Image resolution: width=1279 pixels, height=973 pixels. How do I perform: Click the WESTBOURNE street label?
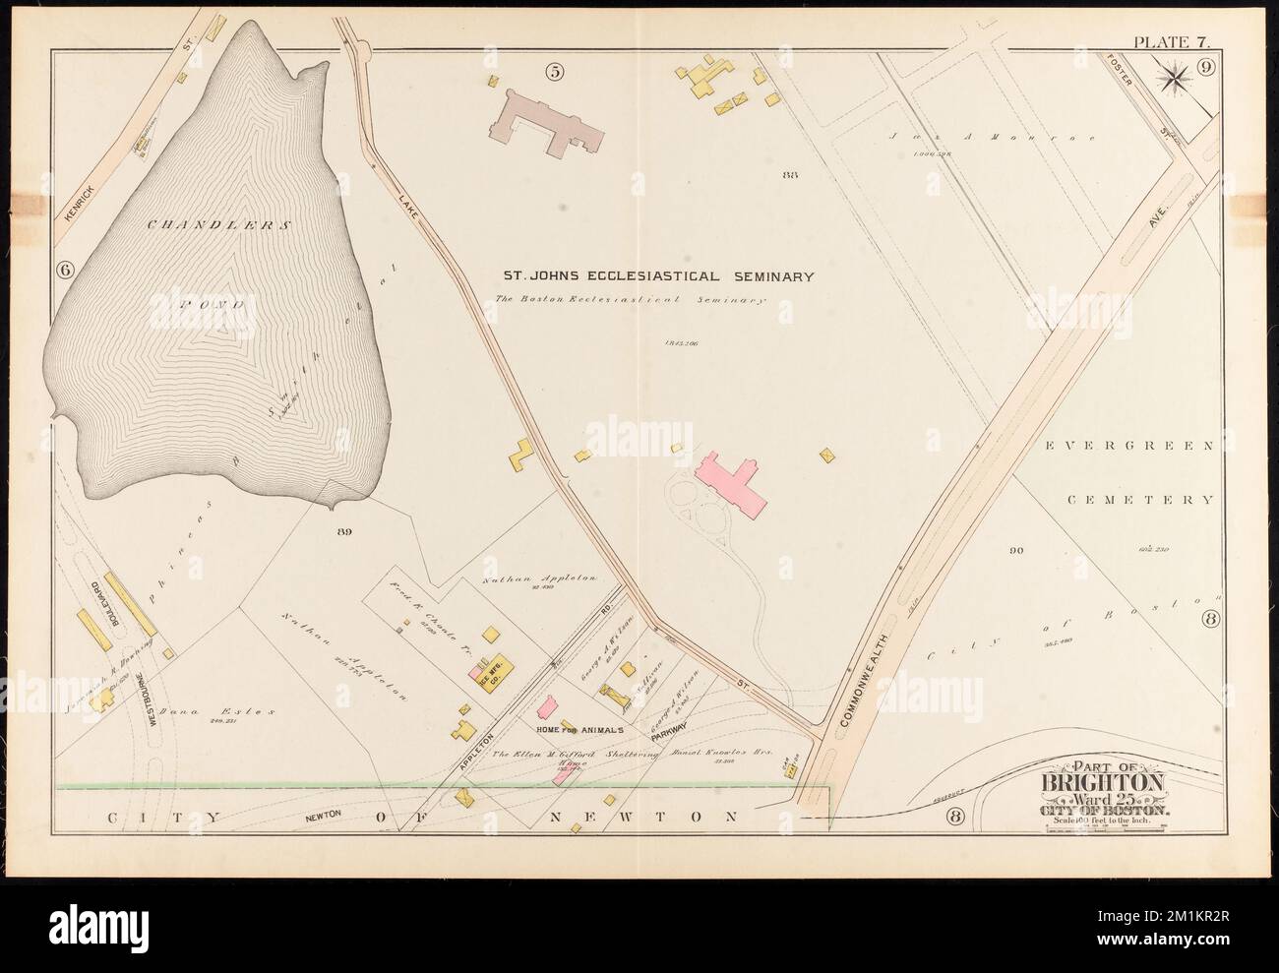click(x=152, y=700)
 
